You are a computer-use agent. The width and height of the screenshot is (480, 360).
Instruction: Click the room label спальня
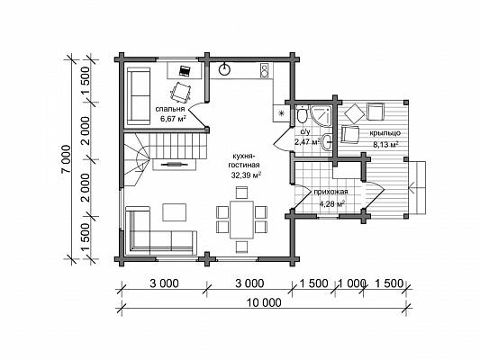[x=170, y=109]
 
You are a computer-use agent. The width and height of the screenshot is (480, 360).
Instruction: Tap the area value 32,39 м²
[x=246, y=175]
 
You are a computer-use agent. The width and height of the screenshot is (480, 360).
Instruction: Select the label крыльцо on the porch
[x=385, y=133]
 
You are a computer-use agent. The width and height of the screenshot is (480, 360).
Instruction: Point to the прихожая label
[x=331, y=192]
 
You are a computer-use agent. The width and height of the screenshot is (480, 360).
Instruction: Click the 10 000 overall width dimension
[x=264, y=302]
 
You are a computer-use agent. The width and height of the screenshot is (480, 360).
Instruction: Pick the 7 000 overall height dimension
[x=66, y=158]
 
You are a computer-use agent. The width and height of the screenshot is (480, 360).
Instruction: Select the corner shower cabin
[x=322, y=116]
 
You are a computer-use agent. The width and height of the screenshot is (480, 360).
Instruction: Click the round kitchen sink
[x=225, y=69]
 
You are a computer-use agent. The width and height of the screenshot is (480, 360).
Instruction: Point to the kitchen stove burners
[x=264, y=71]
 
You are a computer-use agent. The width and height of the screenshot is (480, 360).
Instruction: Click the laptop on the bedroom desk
[x=185, y=71]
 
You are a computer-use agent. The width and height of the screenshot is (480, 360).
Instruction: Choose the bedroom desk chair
[x=181, y=92]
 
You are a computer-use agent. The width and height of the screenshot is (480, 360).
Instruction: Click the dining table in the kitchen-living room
[x=242, y=220]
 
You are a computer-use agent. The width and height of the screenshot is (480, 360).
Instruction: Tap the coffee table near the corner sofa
[x=174, y=212]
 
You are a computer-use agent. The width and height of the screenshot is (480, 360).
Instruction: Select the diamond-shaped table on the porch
[x=355, y=113]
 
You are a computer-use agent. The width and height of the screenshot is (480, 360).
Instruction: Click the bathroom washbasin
[x=327, y=141]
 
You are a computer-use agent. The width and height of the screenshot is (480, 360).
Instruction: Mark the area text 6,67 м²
[x=173, y=119]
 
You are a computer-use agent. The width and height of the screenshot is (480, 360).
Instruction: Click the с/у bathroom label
[x=305, y=132]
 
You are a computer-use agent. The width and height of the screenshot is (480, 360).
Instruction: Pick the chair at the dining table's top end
[x=242, y=193]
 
